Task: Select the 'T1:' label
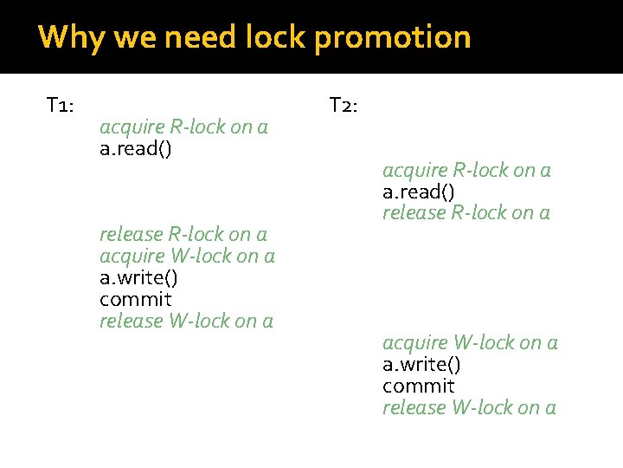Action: [60, 106]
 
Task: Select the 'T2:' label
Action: [344, 106]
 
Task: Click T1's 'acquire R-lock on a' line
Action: [183, 127]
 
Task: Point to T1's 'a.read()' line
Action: [136, 149]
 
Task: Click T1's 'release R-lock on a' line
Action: [183, 234]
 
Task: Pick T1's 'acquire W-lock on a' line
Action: [187, 256]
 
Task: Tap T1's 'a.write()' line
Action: [139, 277]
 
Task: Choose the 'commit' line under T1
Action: [136, 299]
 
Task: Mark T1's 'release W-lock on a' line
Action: [186, 321]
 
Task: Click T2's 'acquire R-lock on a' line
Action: [466, 170]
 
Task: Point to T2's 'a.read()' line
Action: [419, 192]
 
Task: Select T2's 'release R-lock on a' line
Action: [466, 212]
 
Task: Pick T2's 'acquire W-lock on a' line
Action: [470, 342]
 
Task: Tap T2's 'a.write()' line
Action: [422, 364]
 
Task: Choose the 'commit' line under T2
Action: [419, 386]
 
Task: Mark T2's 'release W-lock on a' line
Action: [469, 407]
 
